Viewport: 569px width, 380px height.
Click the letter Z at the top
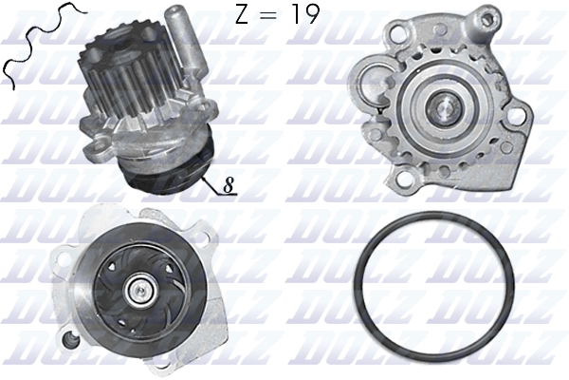242,15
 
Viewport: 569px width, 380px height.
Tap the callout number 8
229,185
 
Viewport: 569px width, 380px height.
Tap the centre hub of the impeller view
140,291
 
